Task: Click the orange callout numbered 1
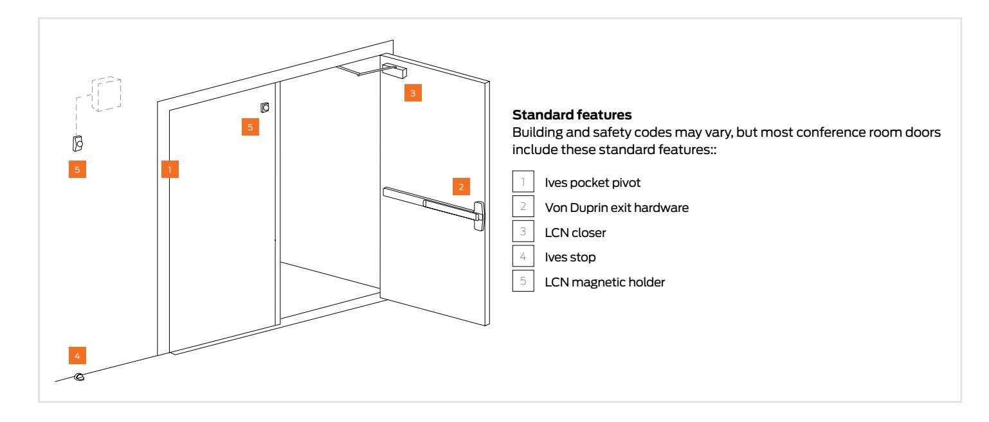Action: [168, 170]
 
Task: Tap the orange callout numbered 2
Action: [461, 188]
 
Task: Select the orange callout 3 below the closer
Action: [413, 92]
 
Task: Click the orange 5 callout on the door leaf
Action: [251, 127]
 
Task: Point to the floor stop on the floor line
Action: [79, 377]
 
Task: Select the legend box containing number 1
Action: [520, 182]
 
